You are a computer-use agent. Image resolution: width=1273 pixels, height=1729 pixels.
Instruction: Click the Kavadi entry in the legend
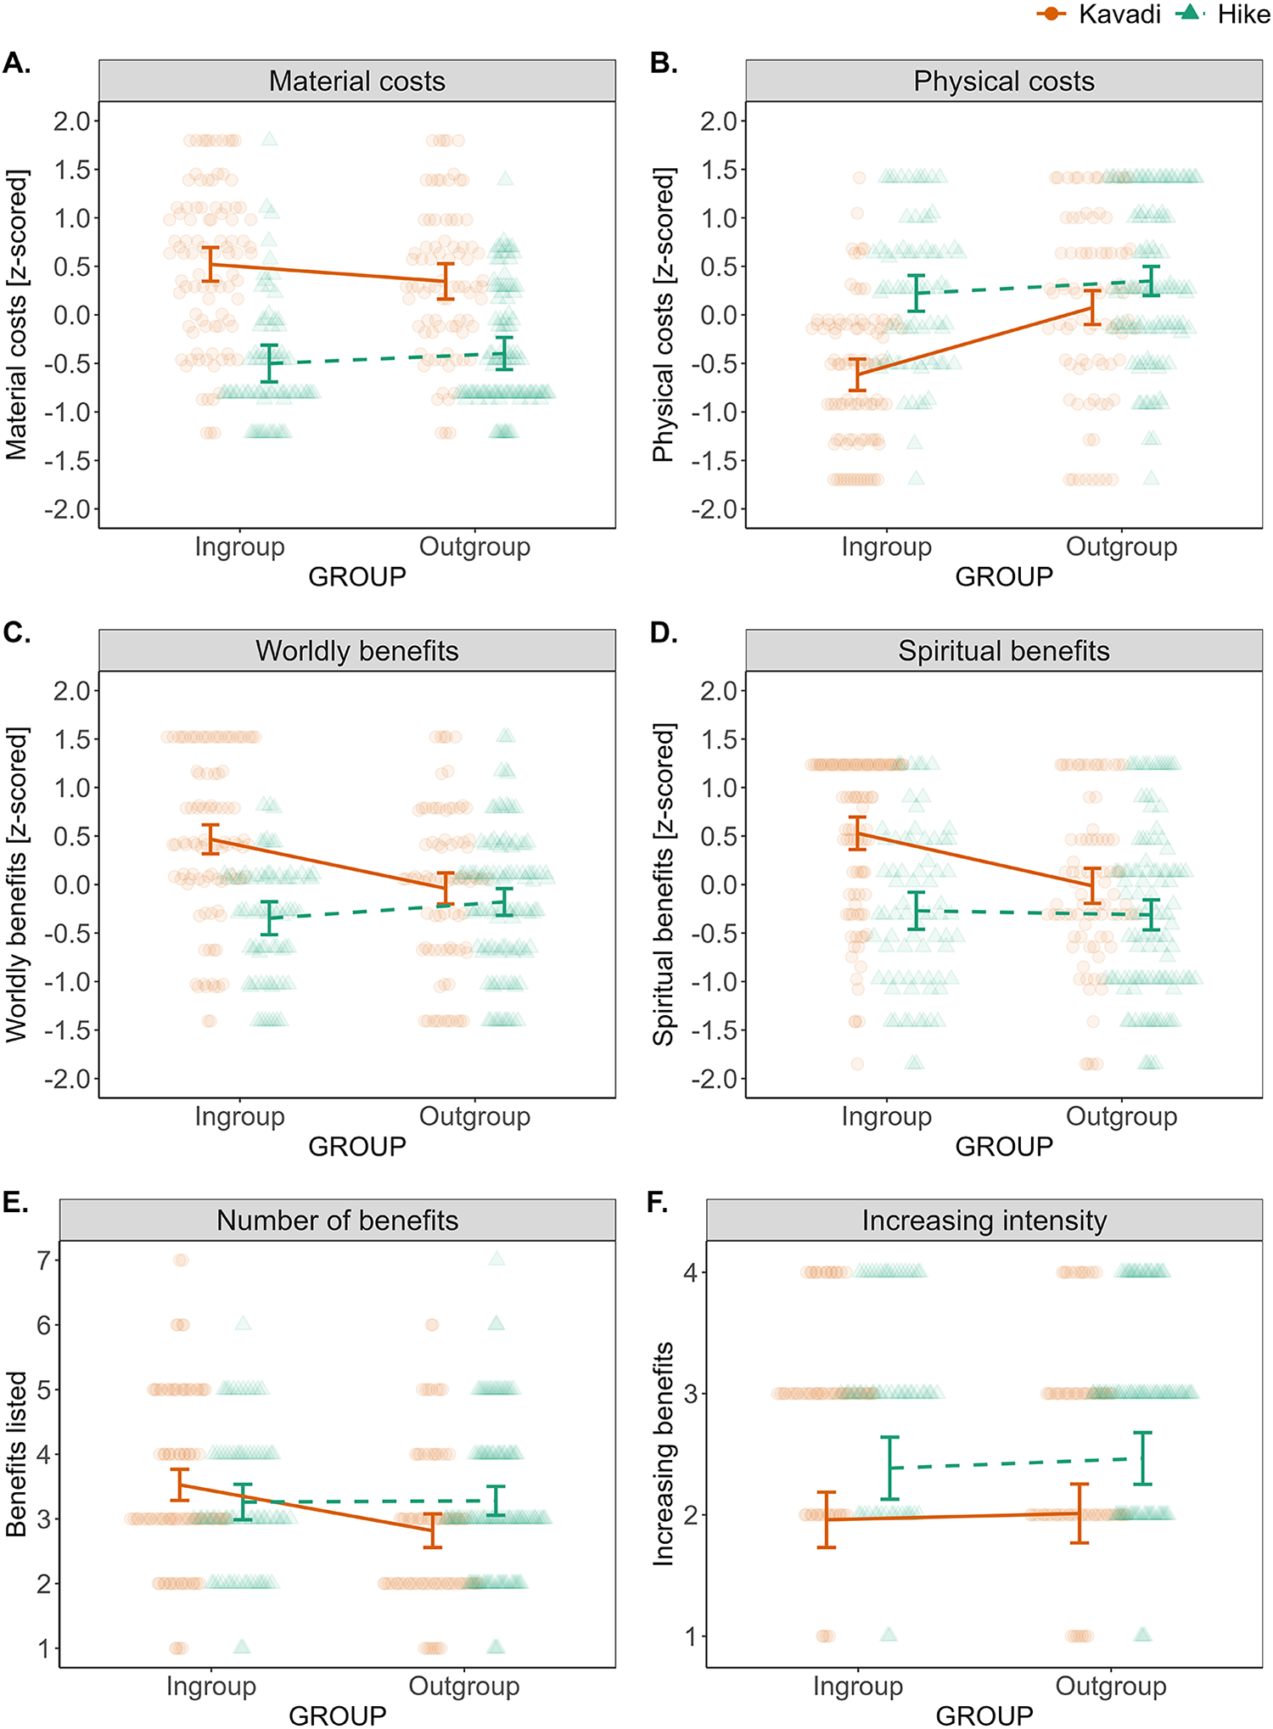1099,14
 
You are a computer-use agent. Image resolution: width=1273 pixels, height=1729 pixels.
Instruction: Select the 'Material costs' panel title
356,81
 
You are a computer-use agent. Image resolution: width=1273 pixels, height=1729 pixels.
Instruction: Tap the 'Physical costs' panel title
1003,81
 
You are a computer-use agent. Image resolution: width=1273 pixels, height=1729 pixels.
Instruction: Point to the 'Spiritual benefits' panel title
1003,651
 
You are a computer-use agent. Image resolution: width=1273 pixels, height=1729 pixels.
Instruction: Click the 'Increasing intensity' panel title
984,1221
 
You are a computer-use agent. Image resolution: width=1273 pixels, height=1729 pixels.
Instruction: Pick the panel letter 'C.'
17,633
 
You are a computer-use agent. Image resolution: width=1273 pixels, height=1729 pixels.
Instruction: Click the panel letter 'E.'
16,1203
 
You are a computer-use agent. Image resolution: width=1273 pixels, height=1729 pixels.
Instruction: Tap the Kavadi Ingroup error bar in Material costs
210,264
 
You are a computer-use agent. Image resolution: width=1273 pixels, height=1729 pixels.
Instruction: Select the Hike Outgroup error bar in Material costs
505,354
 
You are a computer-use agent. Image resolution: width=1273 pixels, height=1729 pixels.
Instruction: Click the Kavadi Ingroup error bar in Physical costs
858,374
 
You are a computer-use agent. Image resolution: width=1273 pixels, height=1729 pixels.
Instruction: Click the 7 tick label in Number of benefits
43,1260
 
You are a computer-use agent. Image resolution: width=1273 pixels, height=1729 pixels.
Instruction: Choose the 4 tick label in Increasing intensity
691,1272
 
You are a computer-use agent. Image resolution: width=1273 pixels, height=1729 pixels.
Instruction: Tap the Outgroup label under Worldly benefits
474,1116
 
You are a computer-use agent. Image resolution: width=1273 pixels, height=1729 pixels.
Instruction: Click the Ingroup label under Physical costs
886,547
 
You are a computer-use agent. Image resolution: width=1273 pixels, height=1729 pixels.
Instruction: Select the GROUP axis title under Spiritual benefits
1003,1147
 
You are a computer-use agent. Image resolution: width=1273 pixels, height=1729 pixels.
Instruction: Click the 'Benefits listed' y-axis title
17,1454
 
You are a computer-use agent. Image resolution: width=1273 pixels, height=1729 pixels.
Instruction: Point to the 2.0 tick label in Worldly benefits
71,691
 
